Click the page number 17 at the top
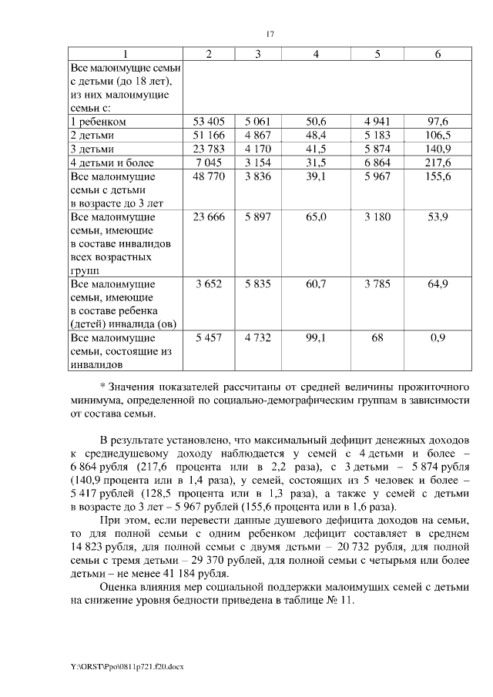(x=270, y=34)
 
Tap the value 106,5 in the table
(x=438, y=136)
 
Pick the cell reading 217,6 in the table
(x=438, y=163)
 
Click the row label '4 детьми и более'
(x=112, y=163)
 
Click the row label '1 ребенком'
(x=98, y=122)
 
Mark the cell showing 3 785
(x=377, y=284)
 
